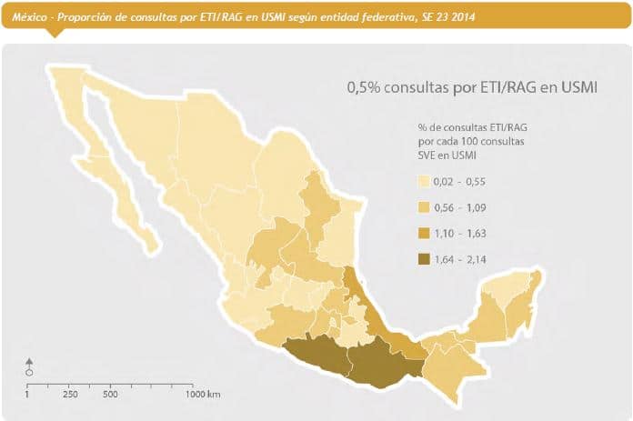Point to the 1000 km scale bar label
(202, 394)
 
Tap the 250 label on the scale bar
(70, 394)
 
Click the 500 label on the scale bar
(111, 394)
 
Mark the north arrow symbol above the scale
(29, 365)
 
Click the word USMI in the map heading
(577, 87)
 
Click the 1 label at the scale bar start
(27, 394)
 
